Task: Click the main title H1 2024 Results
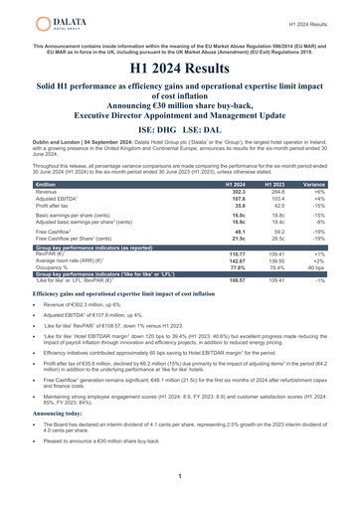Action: (x=180, y=69)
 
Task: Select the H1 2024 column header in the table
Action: (x=236, y=185)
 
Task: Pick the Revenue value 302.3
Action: (x=238, y=193)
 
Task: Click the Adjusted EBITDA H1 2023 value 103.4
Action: (x=271, y=201)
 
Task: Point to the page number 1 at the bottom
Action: (x=179, y=478)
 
